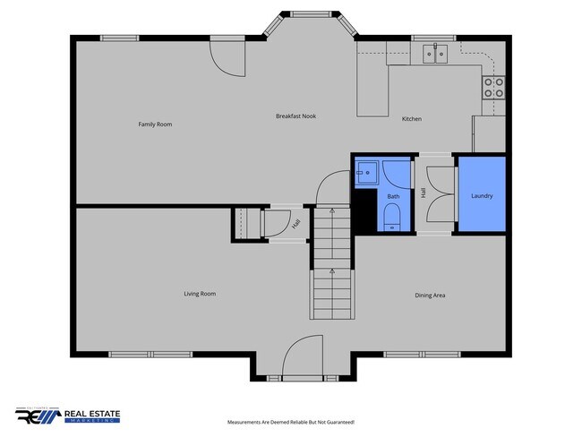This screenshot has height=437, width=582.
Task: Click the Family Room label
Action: tap(154, 124)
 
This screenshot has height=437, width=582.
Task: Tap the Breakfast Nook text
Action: tap(295, 116)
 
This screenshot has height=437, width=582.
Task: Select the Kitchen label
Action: tap(411, 119)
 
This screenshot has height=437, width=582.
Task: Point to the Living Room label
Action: tap(200, 294)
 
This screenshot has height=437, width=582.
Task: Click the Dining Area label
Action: tap(430, 296)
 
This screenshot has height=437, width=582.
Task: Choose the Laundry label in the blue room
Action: tap(482, 195)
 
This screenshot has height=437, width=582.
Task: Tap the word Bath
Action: tap(393, 196)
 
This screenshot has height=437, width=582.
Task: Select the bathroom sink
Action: tap(366, 172)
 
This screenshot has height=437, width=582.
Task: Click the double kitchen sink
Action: tap(437, 54)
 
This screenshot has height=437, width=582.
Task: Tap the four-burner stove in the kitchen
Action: tap(493, 87)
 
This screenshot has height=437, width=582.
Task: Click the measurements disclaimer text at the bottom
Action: tap(291, 421)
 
